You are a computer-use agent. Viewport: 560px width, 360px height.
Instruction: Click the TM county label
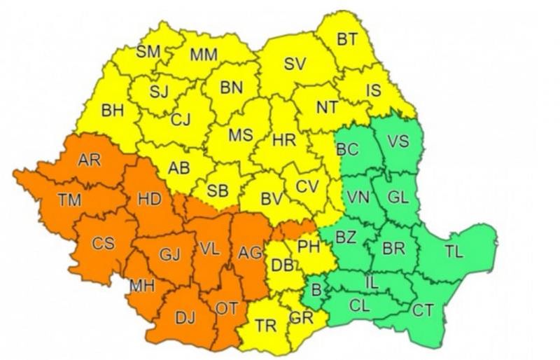point(69,200)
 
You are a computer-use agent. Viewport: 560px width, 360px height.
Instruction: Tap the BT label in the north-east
point(346,40)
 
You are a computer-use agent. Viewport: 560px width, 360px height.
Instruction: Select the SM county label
point(148,51)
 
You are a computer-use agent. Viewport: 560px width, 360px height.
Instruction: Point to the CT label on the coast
point(422,309)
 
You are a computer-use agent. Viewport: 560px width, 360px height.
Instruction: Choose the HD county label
point(150,199)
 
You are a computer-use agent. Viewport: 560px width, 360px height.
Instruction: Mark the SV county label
point(295,64)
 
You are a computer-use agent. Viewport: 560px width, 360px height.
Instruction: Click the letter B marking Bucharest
point(315,289)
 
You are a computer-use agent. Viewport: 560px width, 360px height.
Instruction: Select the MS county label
point(240,134)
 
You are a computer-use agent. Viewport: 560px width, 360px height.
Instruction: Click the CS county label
point(103,244)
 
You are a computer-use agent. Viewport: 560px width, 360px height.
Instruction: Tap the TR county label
point(265,326)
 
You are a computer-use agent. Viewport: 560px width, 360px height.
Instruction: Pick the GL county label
point(397,198)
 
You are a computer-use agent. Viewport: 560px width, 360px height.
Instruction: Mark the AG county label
point(249,252)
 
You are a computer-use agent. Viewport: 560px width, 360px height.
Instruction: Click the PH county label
point(309,246)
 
